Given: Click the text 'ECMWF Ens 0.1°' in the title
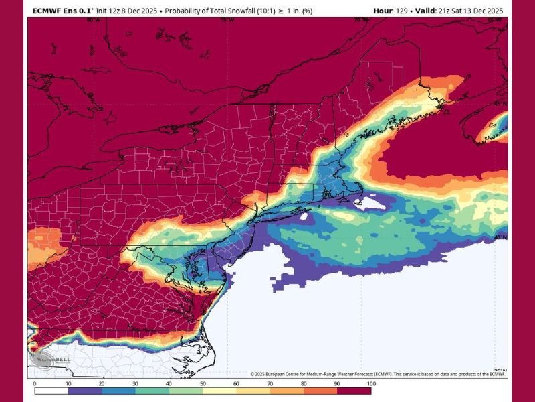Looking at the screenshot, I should pyautogui.click(x=63, y=11).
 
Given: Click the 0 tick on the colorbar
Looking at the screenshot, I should pyautogui.click(x=35, y=383).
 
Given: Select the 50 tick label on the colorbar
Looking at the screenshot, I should pyautogui.click(x=203, y=383).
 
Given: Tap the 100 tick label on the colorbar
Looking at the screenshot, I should pyautogui.click(x=371, y=383).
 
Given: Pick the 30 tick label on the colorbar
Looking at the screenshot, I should pyautogui.click(x=136, y=383).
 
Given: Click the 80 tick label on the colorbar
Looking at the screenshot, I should pyautogui.click(x=304, y=383).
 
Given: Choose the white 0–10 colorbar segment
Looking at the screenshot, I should pyautogui.click(x=51, y=391).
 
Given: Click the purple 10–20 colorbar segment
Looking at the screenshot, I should pyautogui.click(x=85, y=391).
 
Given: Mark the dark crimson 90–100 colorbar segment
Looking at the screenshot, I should pyautogui.click(x=354, y=391).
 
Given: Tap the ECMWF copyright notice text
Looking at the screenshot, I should pyautogui.click(x=378, y=374).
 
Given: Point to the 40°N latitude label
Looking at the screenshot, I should pyautogui.click(x=500, y=237).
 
